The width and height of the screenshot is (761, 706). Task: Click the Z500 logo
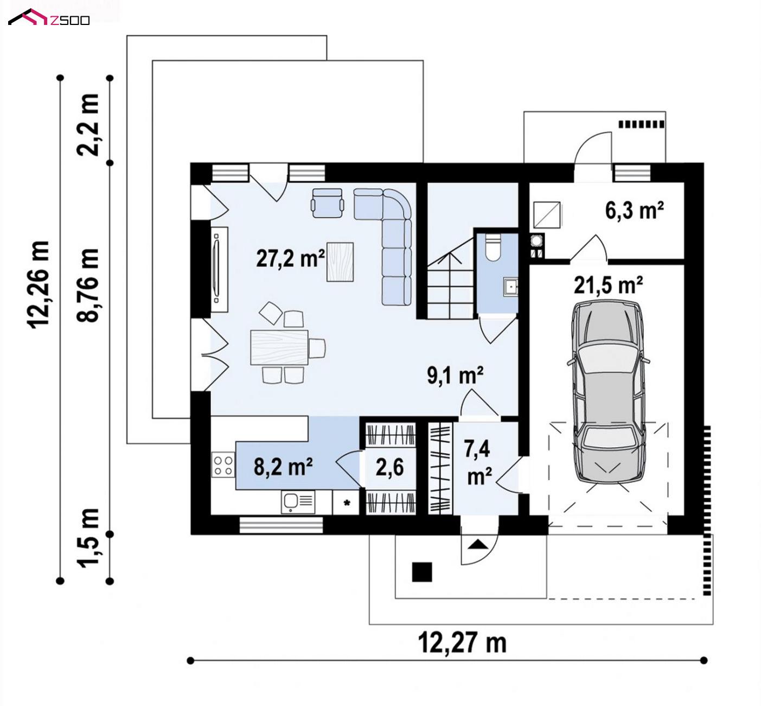(x=49, y=17)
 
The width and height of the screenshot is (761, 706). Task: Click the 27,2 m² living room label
(x=290, y=258)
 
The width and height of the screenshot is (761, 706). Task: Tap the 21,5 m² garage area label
(x=608, y=285)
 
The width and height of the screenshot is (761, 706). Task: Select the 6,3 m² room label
(x=634, y=211)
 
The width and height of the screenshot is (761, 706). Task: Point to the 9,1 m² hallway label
(x=455, y=376)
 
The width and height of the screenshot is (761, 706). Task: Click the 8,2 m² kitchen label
(x=283, y=467)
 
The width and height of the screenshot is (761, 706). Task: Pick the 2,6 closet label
(x=389, y=467)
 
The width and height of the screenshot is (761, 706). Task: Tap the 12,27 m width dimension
(x=462, y=643)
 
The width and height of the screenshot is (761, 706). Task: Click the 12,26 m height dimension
(x=39, y=284)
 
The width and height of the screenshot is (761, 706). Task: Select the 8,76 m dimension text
(x=88, y=285)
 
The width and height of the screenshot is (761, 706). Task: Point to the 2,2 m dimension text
(x=88, y=125)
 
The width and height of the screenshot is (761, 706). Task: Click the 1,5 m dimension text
(x=88, y=538)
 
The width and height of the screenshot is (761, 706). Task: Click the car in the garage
(x=608, y=392)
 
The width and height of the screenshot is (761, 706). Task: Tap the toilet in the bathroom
(x=493, y=246)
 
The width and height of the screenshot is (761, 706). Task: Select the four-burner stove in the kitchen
(x=223, y=465)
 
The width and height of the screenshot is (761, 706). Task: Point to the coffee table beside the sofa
(x=340, y=262)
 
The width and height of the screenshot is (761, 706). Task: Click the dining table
(x=279, y=347)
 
